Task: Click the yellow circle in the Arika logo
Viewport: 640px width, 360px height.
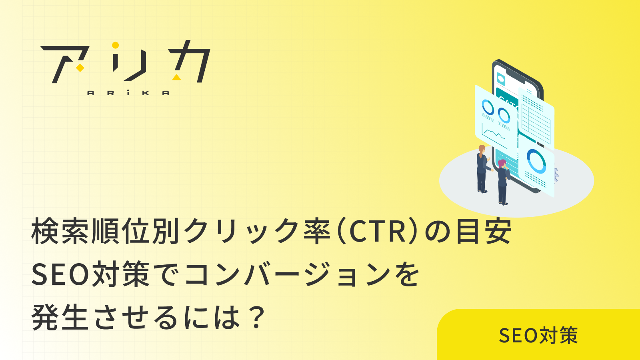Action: [115, 45]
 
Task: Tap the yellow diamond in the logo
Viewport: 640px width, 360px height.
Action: [80, 68]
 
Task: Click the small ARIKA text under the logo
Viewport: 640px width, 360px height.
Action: [128, 93]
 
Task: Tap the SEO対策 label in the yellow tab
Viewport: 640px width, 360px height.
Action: [538, 335]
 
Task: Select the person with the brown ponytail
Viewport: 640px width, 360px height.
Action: [482, 168]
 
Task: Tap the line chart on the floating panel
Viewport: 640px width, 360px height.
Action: [494, 132]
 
